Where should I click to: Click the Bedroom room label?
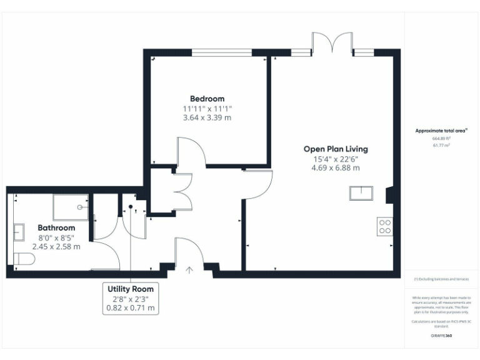coord(207,99)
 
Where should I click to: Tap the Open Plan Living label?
coord(336,149)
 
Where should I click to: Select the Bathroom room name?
coord(56,228)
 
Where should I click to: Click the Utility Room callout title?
coord(131,289)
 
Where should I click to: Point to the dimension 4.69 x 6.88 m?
coord(336,167)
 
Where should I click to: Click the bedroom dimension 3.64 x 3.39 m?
coord(207,117)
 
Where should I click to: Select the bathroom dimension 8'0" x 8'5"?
coord(56,237)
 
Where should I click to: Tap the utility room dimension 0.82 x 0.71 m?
coord(131,308)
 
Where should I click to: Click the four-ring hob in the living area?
coord(385,226)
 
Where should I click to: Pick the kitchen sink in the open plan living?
coord(361,193)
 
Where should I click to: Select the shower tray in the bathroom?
coord(71,206)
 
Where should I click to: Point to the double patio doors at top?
coord(332,44)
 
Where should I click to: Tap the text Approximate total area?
coord(441,131)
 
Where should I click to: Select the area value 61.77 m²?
coord(441,145)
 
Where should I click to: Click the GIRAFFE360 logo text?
coord(441,336)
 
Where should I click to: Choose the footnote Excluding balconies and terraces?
coord(441,279)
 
